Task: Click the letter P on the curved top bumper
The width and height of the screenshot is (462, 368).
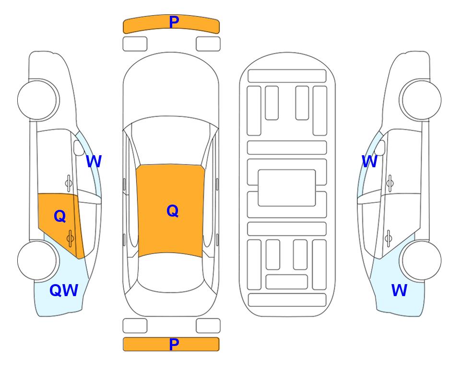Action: tap(174, 22)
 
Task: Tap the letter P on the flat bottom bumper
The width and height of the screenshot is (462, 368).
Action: tap(174, 344)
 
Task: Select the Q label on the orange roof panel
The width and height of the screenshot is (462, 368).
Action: tap(172, 211)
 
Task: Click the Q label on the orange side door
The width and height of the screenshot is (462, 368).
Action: tap(60, 216)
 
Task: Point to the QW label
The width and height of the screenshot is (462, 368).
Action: tap(64, 290)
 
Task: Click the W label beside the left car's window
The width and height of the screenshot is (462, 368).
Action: tap(94, 161)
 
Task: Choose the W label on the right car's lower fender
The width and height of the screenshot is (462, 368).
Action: tap(399, 290)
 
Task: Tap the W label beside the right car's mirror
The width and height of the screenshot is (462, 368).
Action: tap(369, 161)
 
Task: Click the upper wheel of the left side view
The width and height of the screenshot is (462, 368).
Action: tap(38, 100)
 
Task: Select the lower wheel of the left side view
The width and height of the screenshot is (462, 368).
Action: tap(37, 260)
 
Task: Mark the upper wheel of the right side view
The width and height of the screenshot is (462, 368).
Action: tap(421, 100)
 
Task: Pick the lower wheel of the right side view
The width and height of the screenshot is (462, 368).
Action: tap(421, 260)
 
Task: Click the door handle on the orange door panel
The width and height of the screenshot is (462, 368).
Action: tap(70, 238)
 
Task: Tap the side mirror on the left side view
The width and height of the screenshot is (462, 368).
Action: tap(79, 148)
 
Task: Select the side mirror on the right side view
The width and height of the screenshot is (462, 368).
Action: tap(380, 148)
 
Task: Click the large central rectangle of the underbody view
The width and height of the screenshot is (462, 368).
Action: tap(287, 188)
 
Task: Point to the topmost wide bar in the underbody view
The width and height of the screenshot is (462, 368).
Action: tap(287, 76)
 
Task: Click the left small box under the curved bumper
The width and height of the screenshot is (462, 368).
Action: tap(135, 44)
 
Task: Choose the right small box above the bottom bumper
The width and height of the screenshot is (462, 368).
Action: tap(208, 326)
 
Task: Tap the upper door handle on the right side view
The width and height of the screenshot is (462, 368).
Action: tap(390, 183)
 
